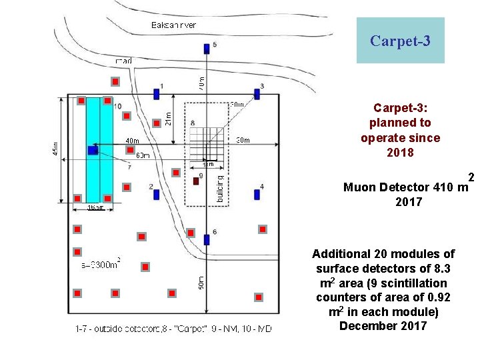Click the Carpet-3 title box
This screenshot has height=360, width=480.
(400, 41)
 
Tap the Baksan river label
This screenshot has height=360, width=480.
(174, 25)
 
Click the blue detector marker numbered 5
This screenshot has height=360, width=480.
(207, 49)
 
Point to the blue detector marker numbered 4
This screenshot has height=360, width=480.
(257, 194)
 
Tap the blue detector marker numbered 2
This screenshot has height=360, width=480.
(156, 194)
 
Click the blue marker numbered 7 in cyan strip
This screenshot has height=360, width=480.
(93, 151)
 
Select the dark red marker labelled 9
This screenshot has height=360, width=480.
(195, 181)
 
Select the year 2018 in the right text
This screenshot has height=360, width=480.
(400, 153)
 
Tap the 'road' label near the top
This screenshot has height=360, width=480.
(123, 61)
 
